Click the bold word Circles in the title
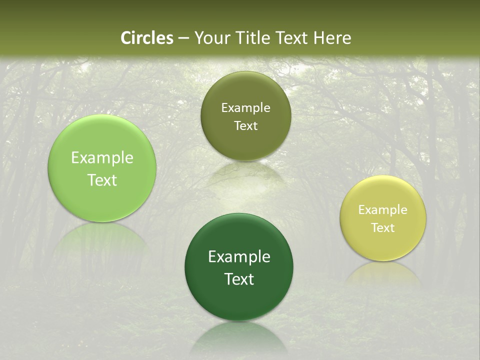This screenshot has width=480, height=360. (x=147, y=38)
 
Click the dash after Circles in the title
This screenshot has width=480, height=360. (x=183, y=38)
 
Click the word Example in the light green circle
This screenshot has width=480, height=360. (x=102, y=158)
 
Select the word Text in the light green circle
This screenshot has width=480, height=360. (x=102, y=180)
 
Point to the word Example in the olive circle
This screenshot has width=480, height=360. (x=245, y=108)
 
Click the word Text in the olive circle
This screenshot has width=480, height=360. (x=245, y=125)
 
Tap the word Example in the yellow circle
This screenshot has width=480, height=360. (x=383, y=210)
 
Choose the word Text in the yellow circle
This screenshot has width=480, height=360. (x=383, y=228)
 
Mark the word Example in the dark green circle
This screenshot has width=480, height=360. (x=239, y=257)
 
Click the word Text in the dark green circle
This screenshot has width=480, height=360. (x=239, y=279)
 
